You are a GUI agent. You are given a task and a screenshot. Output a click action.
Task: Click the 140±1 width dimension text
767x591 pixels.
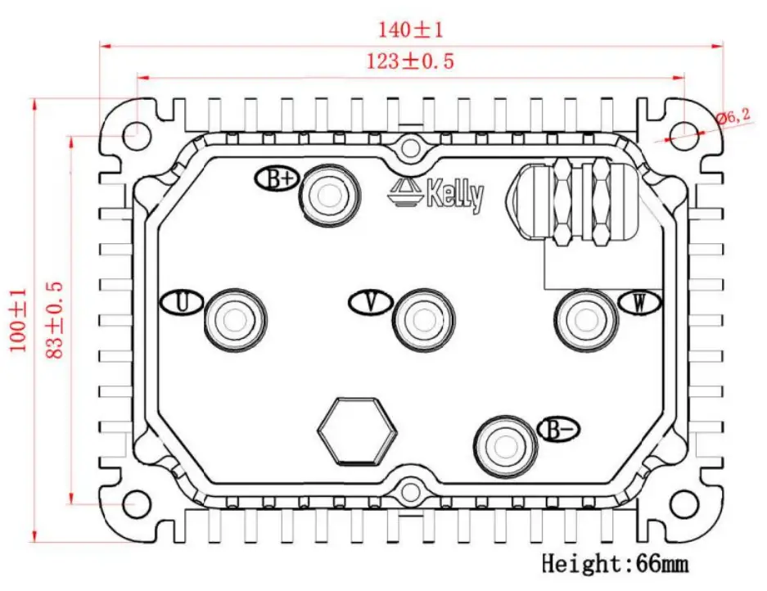coord(409,30)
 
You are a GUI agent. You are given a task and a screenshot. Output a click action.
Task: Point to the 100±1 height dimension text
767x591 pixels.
coord(17,319)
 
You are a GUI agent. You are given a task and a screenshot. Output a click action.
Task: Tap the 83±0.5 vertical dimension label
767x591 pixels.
coord(56,320)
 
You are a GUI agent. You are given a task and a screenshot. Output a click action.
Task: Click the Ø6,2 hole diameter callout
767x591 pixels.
coord(733,117)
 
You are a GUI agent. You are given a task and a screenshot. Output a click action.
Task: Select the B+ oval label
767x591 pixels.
coord(275,179)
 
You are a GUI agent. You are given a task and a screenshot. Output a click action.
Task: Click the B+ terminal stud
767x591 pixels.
coord(329,195)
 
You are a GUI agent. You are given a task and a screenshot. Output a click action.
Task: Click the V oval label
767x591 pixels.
coord(369,303)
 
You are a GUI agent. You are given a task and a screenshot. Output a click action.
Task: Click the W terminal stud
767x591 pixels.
coord(586,318)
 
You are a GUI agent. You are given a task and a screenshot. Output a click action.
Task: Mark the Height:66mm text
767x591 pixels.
coord(614,563)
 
